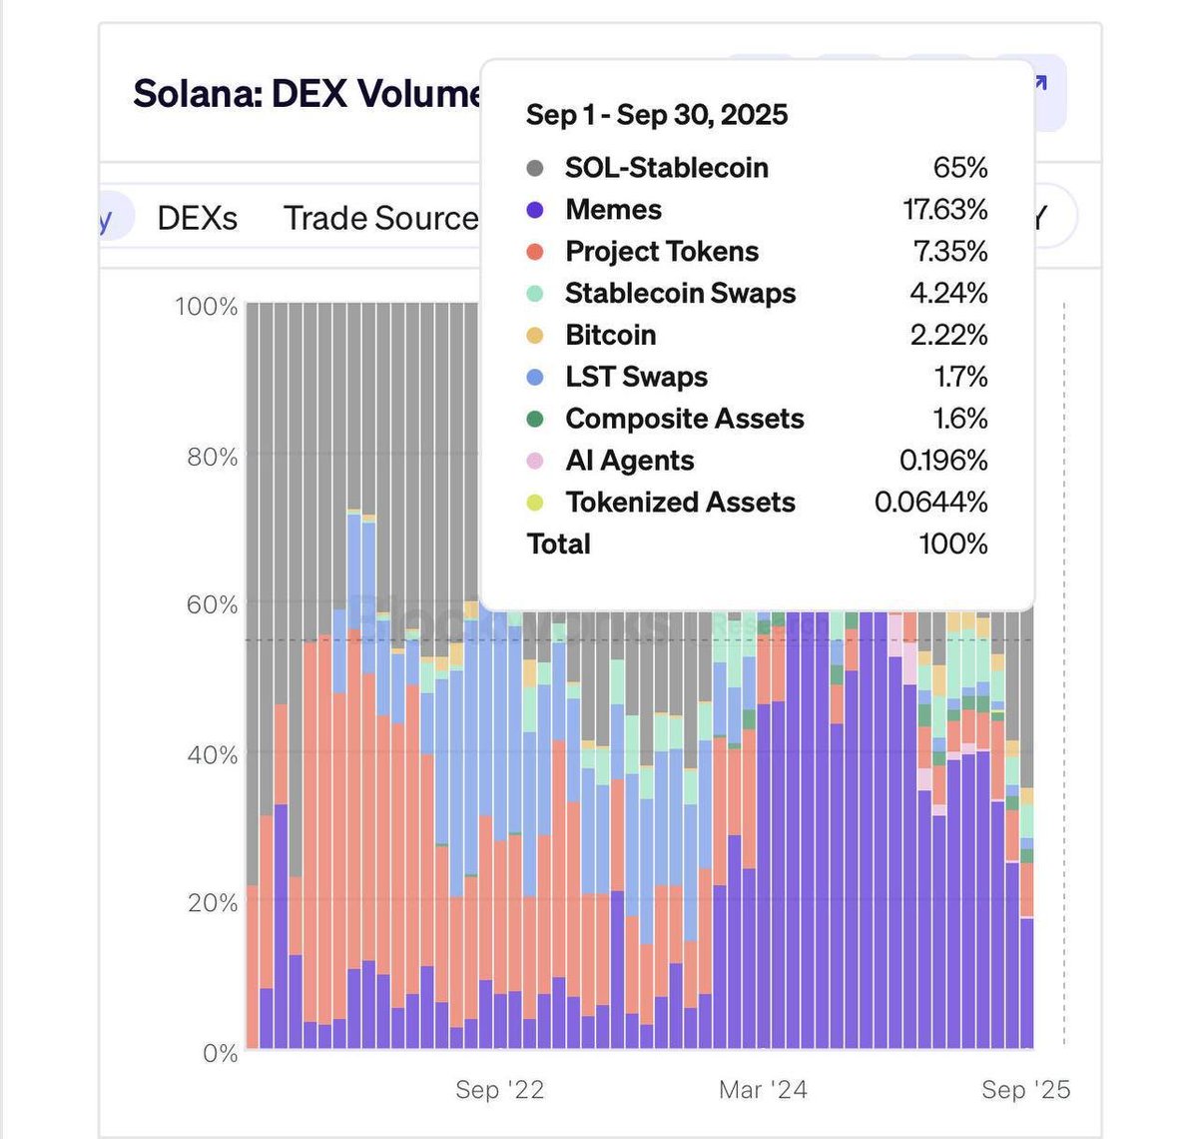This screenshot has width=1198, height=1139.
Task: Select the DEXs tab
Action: point(198,218)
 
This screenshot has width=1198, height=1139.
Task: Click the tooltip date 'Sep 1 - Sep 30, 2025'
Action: point(657,115)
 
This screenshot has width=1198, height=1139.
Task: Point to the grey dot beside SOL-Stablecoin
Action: point(535,168)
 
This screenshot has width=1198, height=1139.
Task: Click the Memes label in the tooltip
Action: point(613,210)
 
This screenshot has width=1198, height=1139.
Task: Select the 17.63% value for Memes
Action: point(944,210)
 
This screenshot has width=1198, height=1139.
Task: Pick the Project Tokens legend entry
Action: point(661,252)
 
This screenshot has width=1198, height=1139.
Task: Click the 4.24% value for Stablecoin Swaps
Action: point(948,294)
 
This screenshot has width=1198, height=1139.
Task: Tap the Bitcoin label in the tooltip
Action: point(610,336)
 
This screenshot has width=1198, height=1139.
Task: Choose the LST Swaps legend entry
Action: point(636,378)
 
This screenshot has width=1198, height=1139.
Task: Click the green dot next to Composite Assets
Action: point(535,419)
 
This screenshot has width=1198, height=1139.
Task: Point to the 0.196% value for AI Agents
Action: point(943,461)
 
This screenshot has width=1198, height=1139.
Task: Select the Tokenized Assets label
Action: point(680,503)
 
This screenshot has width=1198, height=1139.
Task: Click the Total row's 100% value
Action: point(953,545)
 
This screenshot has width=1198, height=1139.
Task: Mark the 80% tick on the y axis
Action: point(213,458)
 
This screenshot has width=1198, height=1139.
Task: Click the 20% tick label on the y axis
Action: point(213,903)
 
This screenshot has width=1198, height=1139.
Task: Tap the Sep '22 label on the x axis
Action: point(500,1090)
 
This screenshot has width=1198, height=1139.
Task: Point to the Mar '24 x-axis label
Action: point(763,1090)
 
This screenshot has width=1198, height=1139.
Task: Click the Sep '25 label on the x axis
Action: point(1025,1090)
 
